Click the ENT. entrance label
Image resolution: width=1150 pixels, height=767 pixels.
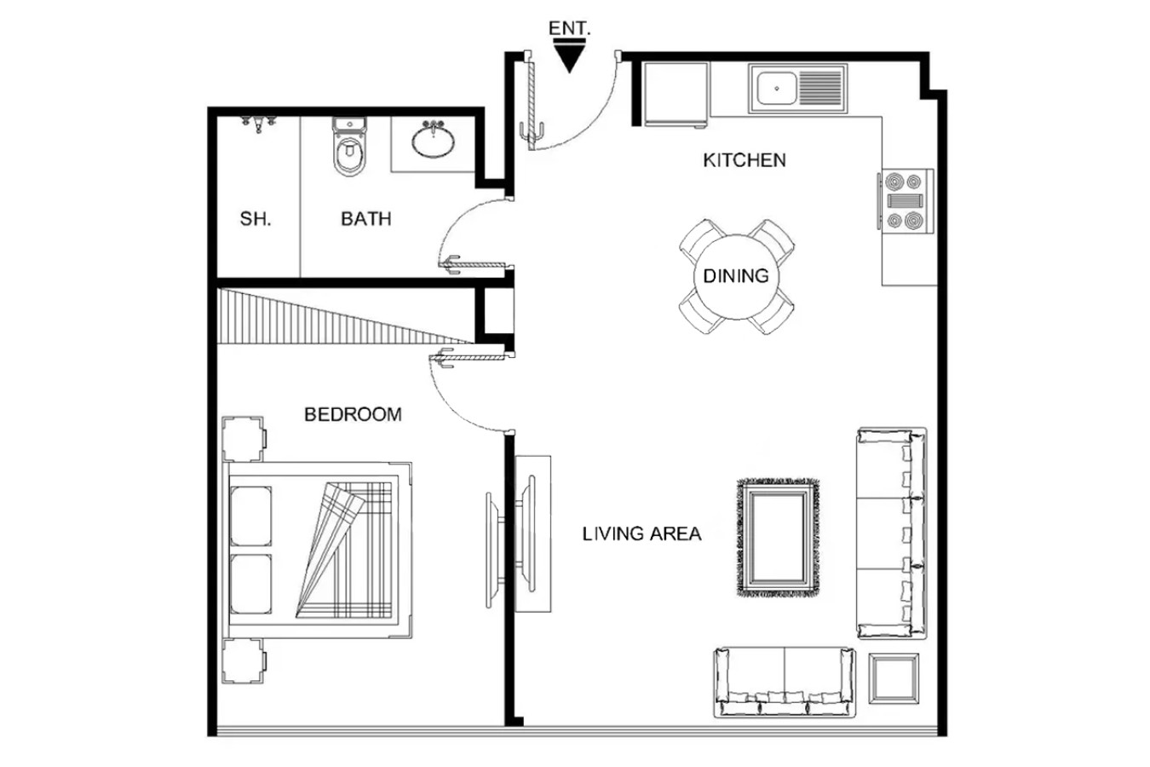[x=569, y=28]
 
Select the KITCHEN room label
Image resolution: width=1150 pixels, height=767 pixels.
[x=745, y=160]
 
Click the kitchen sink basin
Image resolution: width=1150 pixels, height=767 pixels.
[x=777, y=89]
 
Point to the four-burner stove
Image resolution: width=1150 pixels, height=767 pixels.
[x=906, y=201]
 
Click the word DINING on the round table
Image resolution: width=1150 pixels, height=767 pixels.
[x=736, y=276]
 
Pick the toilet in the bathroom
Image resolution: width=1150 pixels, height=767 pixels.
[x=349, y=147]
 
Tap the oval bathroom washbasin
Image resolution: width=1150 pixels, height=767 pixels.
[x=433, y=141]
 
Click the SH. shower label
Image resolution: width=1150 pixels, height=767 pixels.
[x=256, y=219]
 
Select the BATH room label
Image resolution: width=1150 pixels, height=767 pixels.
[x=366, y=219]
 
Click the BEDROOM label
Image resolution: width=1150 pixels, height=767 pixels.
[x=353, y=414]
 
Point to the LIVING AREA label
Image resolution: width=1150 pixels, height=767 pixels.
[x=641, y=533]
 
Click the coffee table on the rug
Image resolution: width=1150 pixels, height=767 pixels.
[x=777, y=538]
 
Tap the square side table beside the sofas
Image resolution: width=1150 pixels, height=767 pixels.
[x=894, y=678]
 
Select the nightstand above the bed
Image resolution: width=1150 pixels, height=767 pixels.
[x=244, y=439]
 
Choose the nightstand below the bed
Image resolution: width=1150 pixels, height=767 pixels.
[x=244, y=660]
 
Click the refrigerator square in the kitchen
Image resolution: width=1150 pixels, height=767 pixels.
[x=676, y=94]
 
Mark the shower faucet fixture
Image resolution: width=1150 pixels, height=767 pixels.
[x=259, y=124]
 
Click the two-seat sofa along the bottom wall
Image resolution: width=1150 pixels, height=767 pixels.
[x=785, y=683]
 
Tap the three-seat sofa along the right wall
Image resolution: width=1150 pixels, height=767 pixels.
[x=892, y=533]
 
